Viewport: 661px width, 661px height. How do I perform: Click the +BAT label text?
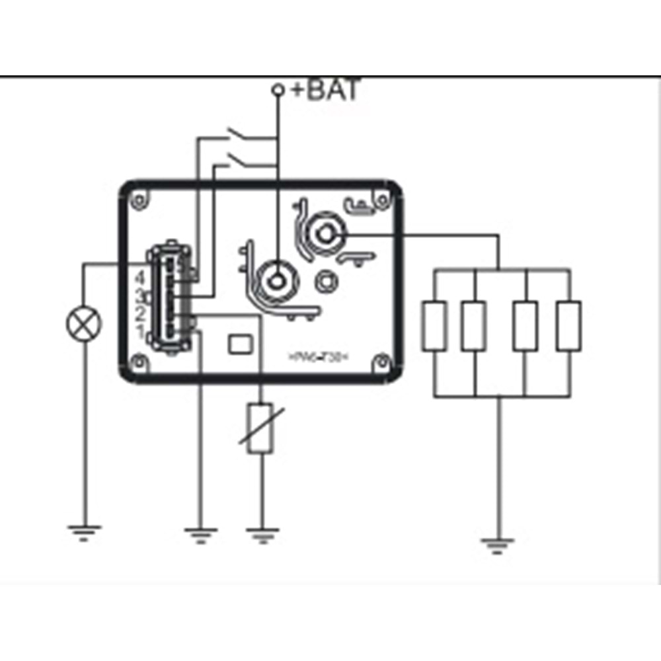326,89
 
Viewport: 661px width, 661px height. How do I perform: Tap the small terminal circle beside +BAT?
279,89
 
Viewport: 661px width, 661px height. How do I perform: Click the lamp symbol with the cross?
84,325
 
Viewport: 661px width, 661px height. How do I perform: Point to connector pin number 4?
139,277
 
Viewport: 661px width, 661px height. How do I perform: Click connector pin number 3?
139,295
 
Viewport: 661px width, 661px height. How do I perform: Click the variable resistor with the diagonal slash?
260,428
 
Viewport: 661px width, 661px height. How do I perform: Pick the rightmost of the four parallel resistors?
569,325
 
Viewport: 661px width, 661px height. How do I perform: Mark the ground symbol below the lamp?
84,531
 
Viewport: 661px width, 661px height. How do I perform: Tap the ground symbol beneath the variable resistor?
262,533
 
